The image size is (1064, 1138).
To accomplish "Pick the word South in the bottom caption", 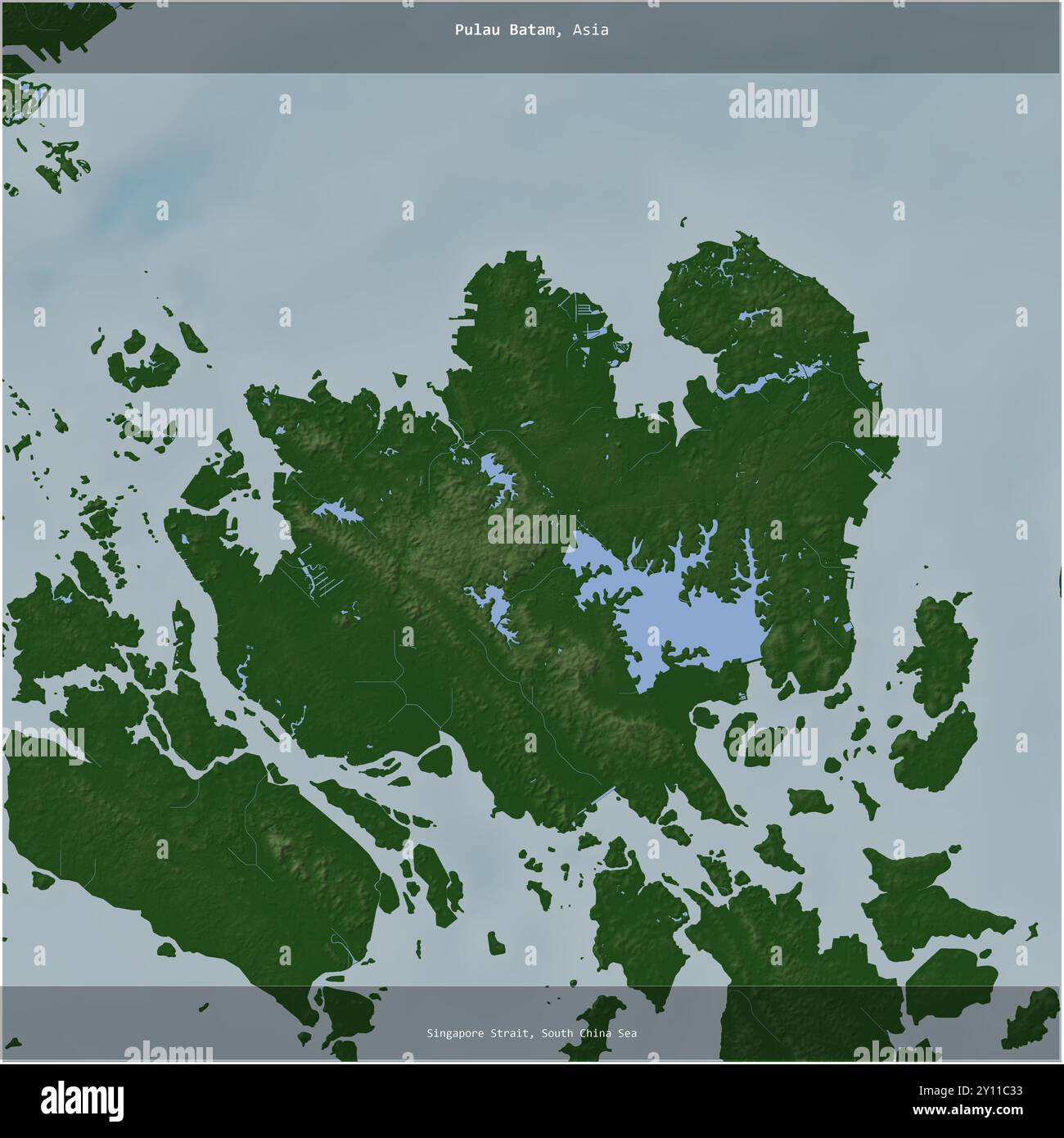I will [557, 1033].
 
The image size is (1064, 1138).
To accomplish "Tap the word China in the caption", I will [597, 1033].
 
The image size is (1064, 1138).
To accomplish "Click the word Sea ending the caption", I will [628, 1033].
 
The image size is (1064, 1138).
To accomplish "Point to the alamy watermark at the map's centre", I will [532, 528].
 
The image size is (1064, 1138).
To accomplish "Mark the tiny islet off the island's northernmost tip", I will [683, 219].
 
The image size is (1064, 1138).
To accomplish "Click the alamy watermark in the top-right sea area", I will [773, 106].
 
